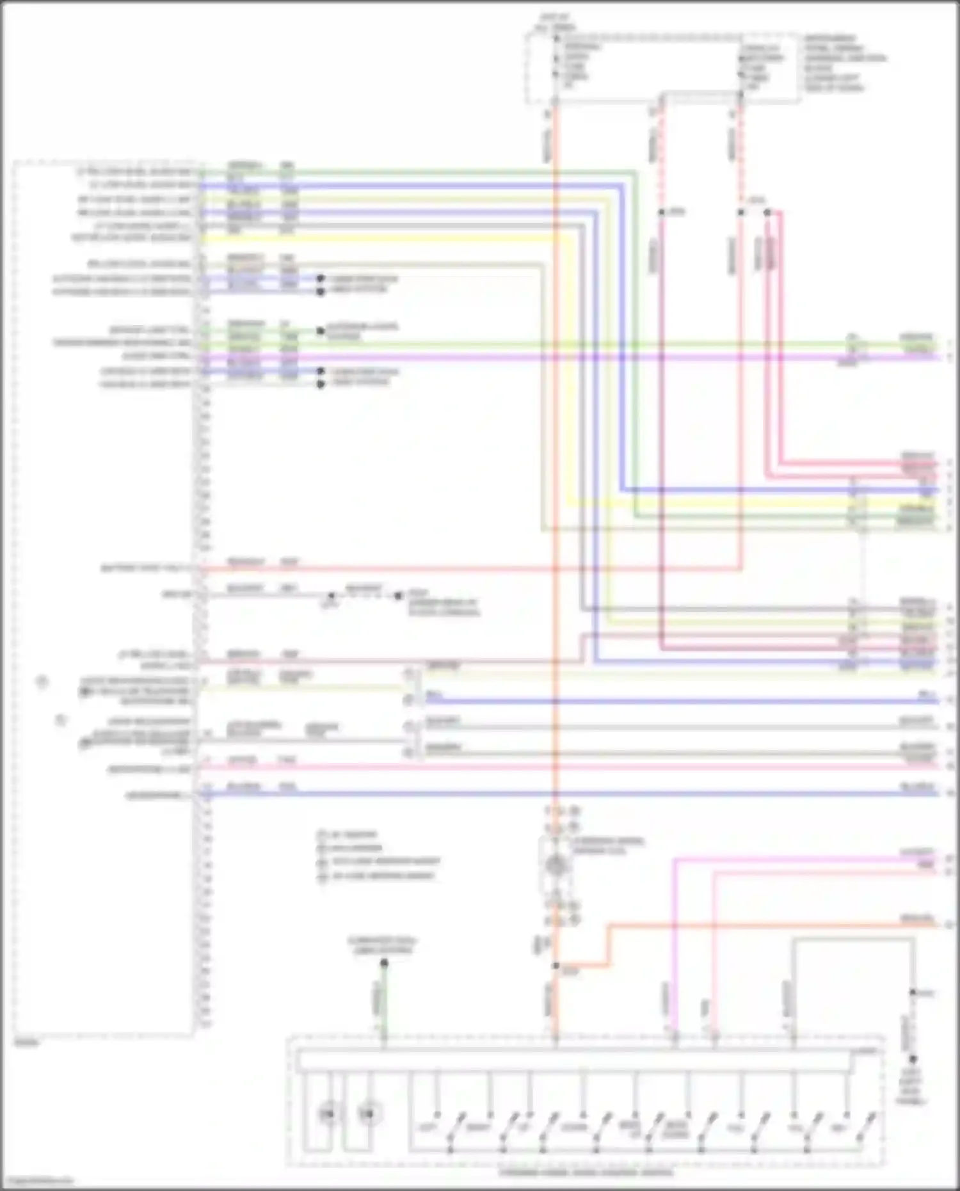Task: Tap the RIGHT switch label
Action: coord(477,1127)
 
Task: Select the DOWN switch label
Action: coord(574,1127)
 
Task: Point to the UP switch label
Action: coord(526,1127)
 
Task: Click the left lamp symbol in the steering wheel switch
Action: coord(327,1114)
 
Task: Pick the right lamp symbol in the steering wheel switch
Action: coord(366,1114)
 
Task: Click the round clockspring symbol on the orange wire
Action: coord(555,865)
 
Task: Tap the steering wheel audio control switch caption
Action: coord(586,1173)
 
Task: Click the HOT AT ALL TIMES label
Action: coord(554,24)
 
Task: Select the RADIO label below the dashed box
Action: coord(26,1043)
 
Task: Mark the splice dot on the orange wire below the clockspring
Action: coord(556,966)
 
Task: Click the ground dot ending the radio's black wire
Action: coord(398,596)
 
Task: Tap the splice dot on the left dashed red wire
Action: coord(662,212)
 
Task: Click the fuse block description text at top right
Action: coord(844,63)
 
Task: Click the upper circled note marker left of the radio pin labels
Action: coord(42,681)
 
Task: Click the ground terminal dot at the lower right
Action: coord(913,1059)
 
